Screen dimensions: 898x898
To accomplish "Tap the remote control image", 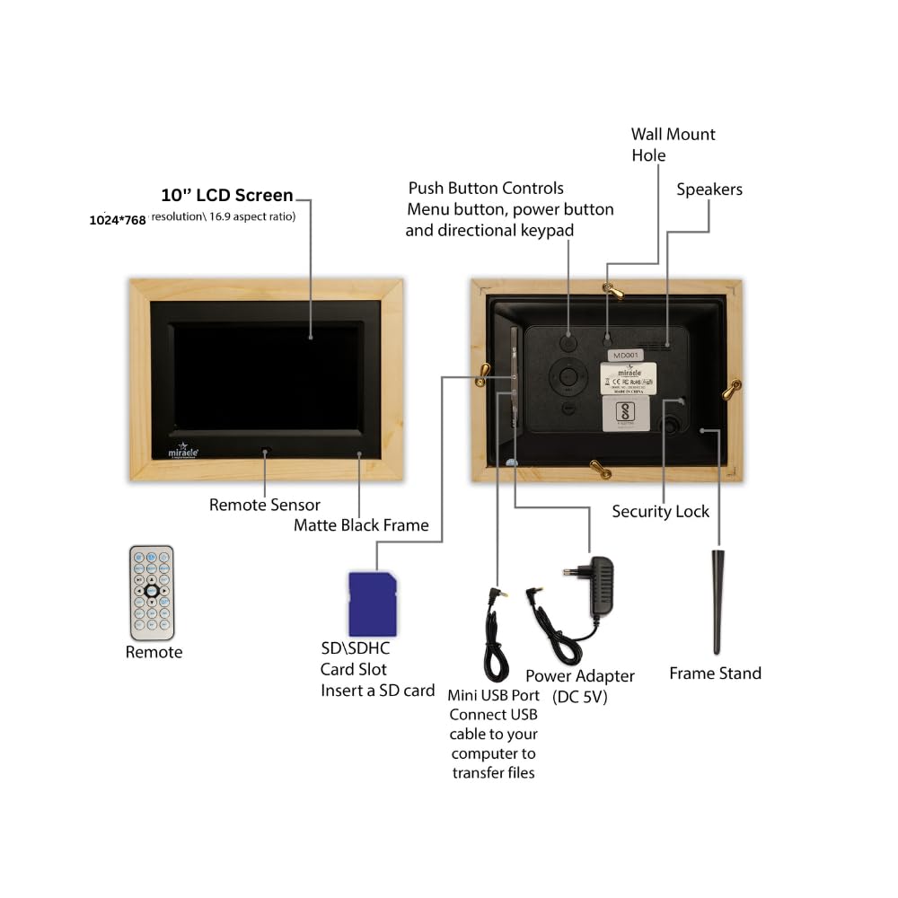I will tap(152, 592).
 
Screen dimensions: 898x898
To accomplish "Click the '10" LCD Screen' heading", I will tap(227, 195).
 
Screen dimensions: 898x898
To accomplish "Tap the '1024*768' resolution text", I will tap(118, 219).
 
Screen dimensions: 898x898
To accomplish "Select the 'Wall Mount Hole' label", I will tap(673, 145).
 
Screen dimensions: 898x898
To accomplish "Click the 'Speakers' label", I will tap(709, 189).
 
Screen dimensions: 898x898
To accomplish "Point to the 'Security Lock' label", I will tap(660, 511).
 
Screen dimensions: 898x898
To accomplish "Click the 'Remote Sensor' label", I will tap(264, 505).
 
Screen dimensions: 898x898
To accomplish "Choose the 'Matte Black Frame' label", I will tap(361, 524).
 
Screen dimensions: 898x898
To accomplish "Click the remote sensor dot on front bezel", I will tap(265, 451).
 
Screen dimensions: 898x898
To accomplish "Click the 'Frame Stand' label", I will tap(715, 673).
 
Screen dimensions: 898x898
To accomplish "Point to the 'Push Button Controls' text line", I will tap(486, 188).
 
